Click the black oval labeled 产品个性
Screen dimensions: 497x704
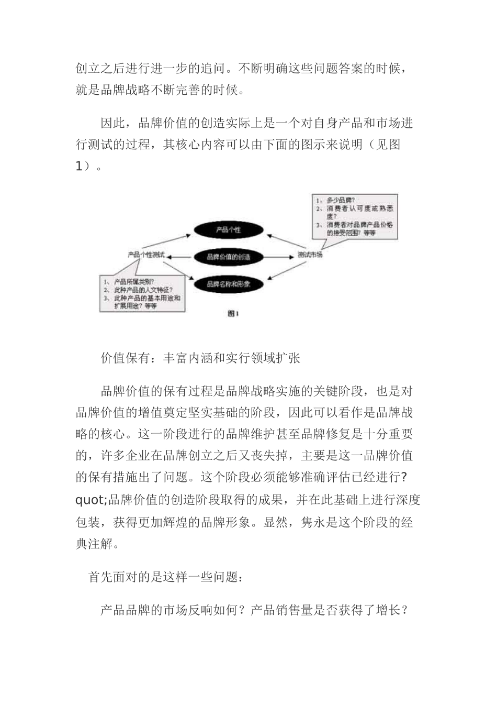[229, 229]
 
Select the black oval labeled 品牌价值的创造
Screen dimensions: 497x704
[229, 257]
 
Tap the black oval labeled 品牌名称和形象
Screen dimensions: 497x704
[229, 284]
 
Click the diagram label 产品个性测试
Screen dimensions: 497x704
[146, 255]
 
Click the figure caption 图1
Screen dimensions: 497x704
[233, 313]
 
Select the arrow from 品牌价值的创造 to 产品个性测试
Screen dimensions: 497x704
[180, 257]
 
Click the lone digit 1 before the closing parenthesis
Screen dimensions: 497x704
[79, 167]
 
